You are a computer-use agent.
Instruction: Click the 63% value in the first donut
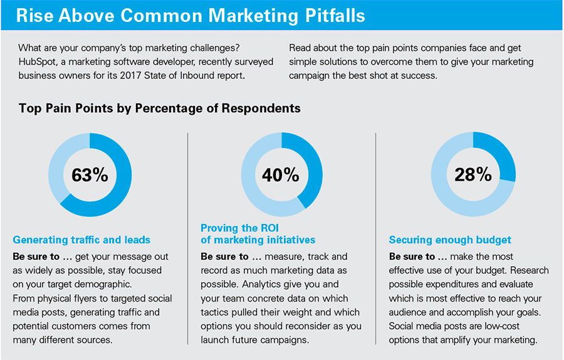click(x=90, y=175)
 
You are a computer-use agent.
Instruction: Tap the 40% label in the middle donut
click(x=281, y=175)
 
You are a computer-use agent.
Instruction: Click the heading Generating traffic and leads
click(x=81, y=240)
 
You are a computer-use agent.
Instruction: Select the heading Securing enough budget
click(x=450, y=240)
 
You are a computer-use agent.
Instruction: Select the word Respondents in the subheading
click(x=261, y=109)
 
